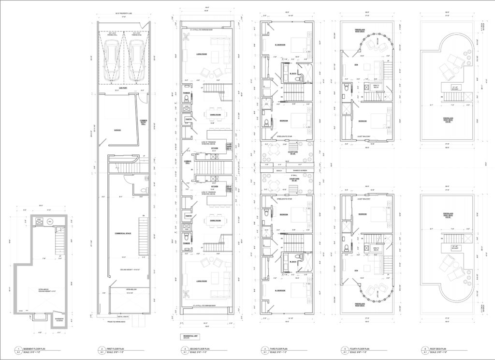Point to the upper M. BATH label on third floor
coord(292,74)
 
